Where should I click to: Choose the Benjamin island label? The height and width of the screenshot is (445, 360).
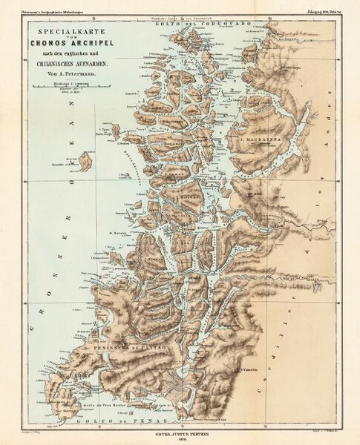pyautogui.click(x=172, y=137)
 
